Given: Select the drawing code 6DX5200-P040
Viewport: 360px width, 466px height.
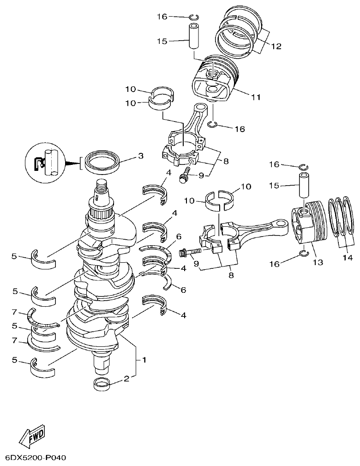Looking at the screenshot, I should point(36,458).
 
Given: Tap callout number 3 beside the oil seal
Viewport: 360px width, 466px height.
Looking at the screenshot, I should point(141,156).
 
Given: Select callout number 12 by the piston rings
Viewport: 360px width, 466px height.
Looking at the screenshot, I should point(276,46).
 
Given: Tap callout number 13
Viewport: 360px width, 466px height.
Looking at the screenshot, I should point(317,262).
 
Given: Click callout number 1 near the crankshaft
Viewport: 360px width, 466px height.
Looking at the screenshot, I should point(144,359).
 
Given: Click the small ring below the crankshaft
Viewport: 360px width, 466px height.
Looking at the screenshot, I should point(102,384).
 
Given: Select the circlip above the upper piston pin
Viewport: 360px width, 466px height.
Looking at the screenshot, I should point(194,17).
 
